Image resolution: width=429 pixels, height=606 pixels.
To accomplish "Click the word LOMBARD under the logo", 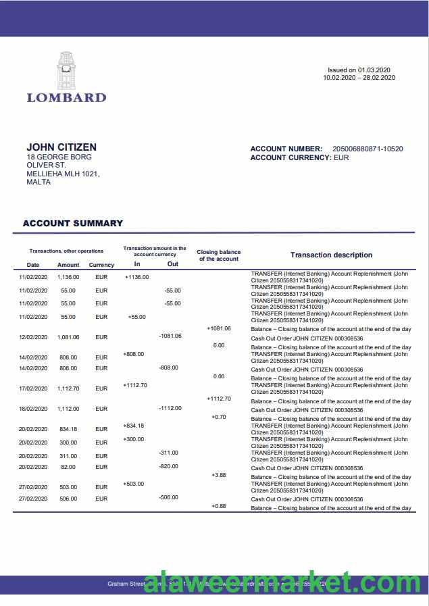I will tap(66, 97).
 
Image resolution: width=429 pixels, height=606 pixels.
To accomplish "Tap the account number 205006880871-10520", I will tap(368, 149).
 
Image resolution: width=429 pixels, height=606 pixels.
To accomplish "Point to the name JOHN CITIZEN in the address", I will tap(61, 147).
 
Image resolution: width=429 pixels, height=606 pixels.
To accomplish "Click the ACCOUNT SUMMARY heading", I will tap(73, 223).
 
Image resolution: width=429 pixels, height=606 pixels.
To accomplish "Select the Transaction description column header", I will tap(331, 255).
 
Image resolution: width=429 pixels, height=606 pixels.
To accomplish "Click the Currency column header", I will tap(101, 265).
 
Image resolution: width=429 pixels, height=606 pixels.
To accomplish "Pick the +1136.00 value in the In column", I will tap(136, 276).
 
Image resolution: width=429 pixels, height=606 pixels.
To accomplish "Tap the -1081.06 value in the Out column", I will tap(170, 336).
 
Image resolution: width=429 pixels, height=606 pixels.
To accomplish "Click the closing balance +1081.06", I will tap(218, 328).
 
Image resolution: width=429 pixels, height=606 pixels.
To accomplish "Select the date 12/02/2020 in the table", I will tap(33, 337).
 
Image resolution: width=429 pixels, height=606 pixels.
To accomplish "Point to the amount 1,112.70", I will tap(68, 388).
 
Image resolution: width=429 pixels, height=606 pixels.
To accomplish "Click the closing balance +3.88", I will tap(218, 475).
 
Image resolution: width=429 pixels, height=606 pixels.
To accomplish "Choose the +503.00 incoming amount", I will tap(133, 484).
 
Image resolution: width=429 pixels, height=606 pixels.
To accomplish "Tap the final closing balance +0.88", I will tap(218, 506).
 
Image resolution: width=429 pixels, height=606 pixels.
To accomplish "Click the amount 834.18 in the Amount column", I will tap(68, 429).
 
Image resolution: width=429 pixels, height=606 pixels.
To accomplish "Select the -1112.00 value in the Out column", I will tap(170, 408).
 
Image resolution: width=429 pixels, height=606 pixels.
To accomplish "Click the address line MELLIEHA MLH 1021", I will tap(63, 174).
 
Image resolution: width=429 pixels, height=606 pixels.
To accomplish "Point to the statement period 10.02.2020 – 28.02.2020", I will tap(359, 78).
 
